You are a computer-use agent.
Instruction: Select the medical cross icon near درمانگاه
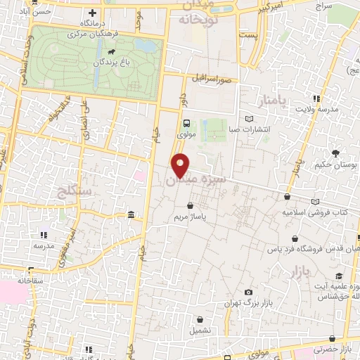(92, 13)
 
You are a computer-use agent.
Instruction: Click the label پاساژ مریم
(190, 217)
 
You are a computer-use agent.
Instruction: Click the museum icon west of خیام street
(131, 214)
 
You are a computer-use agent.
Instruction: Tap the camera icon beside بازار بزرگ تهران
(247, 292)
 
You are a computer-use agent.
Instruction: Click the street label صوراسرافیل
(221, 80)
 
